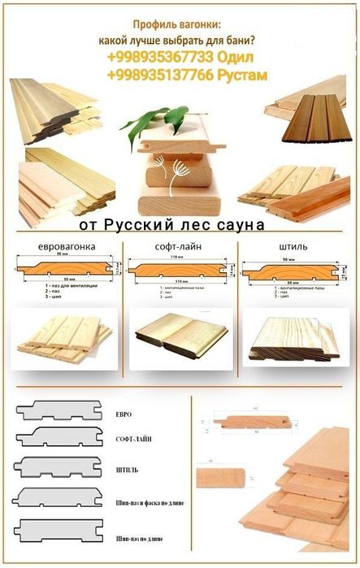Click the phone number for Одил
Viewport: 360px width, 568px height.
click(158, 59)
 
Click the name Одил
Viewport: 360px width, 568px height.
click(235, 59)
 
